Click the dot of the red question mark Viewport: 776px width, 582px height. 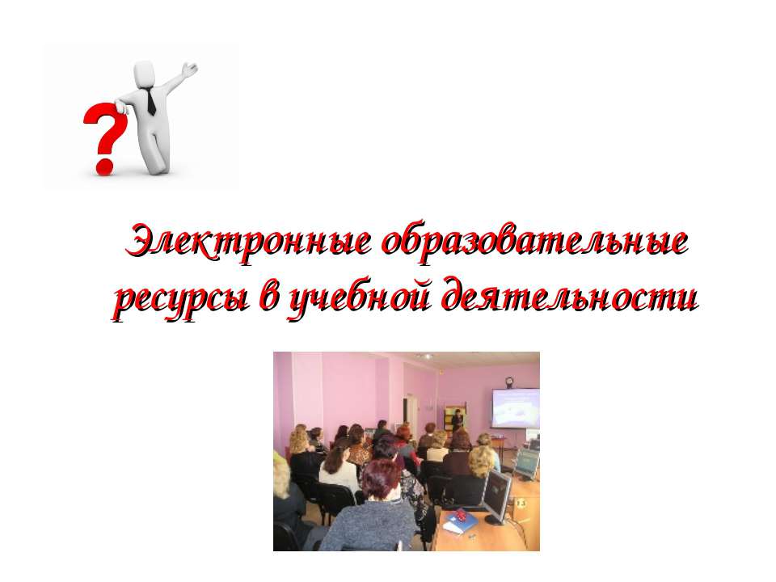pos(104,166)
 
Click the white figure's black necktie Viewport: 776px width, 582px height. pos(150,102)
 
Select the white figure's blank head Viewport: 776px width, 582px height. pos(145,74)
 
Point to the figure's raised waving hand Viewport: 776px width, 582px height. pos(189,70)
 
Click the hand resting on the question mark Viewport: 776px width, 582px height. pos(120,106)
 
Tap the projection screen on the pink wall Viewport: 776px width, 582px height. pos(515,407)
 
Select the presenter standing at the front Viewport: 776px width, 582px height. pos(458,422)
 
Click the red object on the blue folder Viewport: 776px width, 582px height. pos(461,515)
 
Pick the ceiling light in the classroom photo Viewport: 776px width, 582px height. pos(424,356)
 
